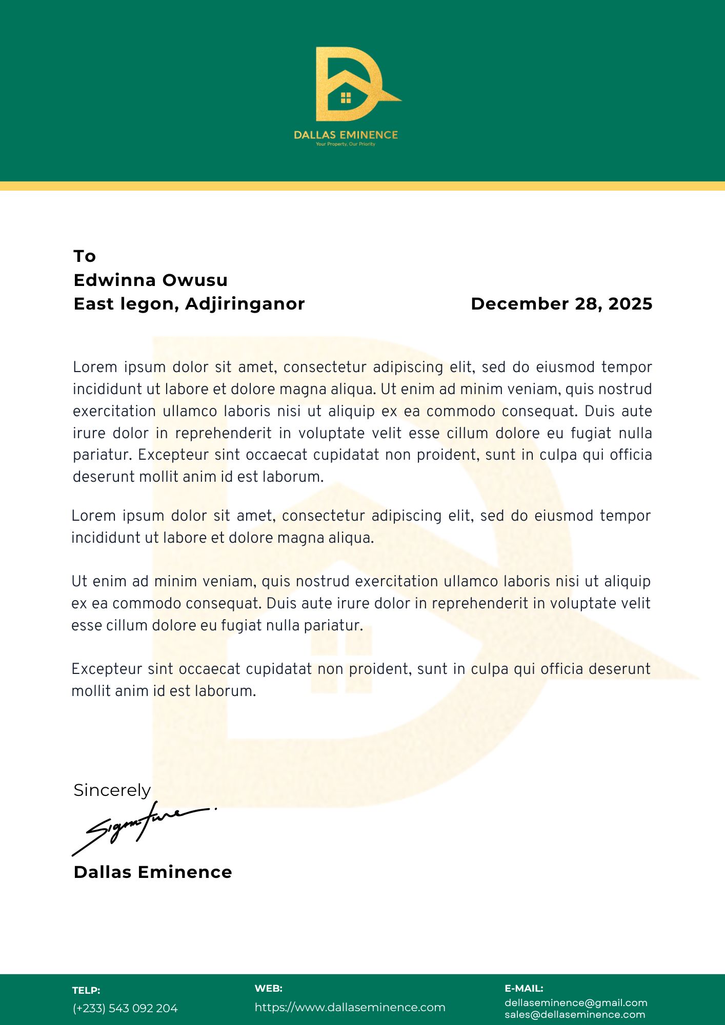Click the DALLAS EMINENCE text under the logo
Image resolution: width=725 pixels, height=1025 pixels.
click(x=346, y=135)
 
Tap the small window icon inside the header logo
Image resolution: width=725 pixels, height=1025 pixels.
click(x=346, y=97)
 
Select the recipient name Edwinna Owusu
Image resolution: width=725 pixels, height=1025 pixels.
click(x=151, y=280)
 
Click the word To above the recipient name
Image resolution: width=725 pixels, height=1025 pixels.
click(x=85, y=256)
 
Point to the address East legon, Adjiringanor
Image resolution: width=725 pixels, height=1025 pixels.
click(x=189, y=304)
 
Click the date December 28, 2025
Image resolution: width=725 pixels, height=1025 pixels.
click(x=561, y=304)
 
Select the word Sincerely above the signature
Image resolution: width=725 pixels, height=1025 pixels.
click(x=112, y=790)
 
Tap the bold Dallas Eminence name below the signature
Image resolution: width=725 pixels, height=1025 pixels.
click(x=153, y=872)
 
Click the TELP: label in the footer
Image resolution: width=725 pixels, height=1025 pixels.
click(x=86, y=991)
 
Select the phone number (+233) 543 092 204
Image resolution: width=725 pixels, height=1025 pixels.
click(x=125, y=1009)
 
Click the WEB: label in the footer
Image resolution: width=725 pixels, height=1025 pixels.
click(x=268, y=989)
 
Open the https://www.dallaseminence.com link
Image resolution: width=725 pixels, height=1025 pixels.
click(x=350, y=1008)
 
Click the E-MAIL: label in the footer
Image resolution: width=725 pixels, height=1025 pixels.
click(x=523, y=989)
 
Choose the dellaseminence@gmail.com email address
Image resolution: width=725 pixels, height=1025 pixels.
click(x=576, y=1003)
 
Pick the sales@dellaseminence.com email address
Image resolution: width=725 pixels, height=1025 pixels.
click(x=575, y=1015)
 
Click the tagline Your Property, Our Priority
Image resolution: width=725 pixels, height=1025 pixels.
click(x=346, y=145)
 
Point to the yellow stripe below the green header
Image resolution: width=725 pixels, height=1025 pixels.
click(x=362, y=186)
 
